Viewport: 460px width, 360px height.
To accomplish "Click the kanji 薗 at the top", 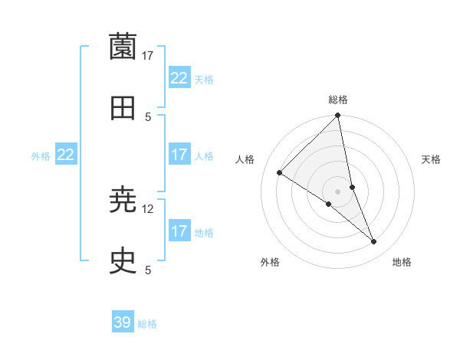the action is pyautogui.click(x=123, y=47).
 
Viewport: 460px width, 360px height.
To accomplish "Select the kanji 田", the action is pyautogui.click(x=123, y=109).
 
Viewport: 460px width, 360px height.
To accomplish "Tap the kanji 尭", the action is pyautogui.click(x=123, y=201).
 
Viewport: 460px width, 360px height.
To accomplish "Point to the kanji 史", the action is pyautogui.click(x=123, y=262).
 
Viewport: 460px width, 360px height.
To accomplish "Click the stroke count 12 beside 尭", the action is pyautogui.click(x=148, y=208).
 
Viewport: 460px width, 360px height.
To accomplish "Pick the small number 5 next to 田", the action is pyautogui.click(x=148, y=116).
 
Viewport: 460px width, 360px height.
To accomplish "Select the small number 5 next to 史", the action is pyautogui.click(x=148, y=270).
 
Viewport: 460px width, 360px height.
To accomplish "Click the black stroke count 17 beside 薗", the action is pyautogui.click(x=148, y=55).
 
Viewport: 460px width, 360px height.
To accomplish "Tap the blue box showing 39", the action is pyautogui.click(x=123, y=322).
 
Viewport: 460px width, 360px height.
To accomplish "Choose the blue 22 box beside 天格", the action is pyautogui.click(x=179, y=78).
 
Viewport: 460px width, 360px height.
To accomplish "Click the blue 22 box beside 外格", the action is pyautogui.click(x=66, y=155).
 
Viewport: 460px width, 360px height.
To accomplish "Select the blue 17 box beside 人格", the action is pyautogui.click(x=179, y=155).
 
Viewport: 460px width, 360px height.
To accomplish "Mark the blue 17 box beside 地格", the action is pyautogui.click(x=179, y=231).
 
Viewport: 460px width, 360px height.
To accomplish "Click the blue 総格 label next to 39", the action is pyautogui.click(x=147, y=324).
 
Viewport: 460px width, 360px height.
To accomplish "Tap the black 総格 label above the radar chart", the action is pyautogui.click(x=338, y=100).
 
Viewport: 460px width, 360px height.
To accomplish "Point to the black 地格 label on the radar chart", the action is pyautogui.click(x=402, y=262).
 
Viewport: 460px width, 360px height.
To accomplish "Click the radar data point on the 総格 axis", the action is pyautogui.click(x=338, y=116).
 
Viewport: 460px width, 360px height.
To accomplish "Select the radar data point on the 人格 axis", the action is pyautogui.click(x=280, y=173).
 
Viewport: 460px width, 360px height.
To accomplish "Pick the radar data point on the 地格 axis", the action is pyautogui.click(x=374, y=242).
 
